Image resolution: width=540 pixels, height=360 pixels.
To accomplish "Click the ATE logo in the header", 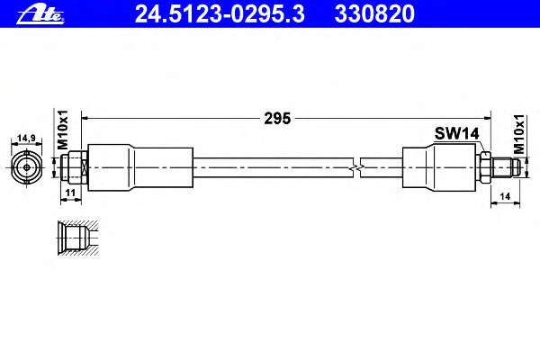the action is coord(40,14).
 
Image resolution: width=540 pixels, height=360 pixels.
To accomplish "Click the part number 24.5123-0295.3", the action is coord(220,13).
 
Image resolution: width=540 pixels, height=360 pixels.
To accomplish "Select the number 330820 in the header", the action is coord(374,13).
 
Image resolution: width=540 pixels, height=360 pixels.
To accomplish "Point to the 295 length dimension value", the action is coord(277,119).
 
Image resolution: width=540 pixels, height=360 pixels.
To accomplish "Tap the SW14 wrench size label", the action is coord(456,133).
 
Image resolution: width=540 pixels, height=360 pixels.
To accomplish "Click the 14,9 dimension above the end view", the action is coord(26,138).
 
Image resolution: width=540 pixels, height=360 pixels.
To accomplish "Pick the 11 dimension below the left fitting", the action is coord(70,193).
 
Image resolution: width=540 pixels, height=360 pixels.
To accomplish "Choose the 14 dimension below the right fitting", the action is coord(505,196).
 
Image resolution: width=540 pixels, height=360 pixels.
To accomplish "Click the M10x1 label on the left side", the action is coord(63,130).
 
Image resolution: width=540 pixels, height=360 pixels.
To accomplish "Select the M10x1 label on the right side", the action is coord(519,134).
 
